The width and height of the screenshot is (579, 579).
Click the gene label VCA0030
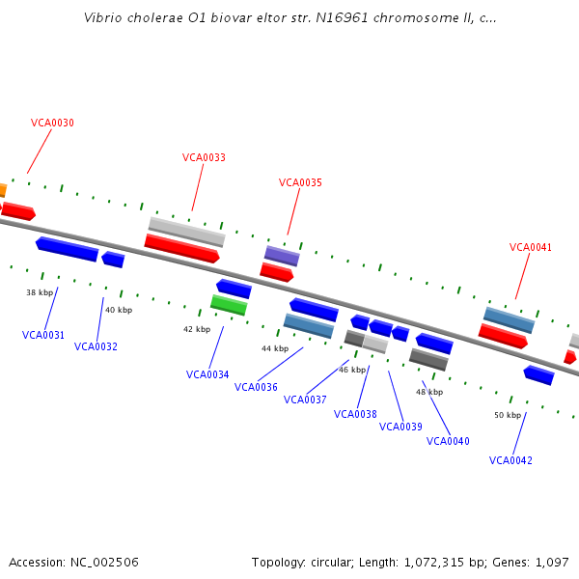point(52,124)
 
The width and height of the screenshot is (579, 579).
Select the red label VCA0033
point(204,158)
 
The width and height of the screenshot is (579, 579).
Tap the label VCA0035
point(300,183)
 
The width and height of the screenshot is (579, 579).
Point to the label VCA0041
point(531,248)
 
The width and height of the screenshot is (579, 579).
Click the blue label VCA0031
point(43,336)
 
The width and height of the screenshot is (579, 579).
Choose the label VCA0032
point(96,347)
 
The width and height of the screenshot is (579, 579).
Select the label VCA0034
point(207,375)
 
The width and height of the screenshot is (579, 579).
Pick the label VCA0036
point(256,388)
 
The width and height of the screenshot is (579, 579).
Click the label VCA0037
point(305,400)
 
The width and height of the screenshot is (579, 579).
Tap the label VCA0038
point(355,415)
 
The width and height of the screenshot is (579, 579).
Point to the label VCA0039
point(400,427)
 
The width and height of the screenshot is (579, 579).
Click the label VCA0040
point(448,442)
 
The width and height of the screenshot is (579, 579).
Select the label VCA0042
point(510,461)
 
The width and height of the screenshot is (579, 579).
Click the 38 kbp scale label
point(40,292)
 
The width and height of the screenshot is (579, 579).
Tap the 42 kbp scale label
point(197,330)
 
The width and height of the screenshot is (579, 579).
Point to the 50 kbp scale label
point(508,416)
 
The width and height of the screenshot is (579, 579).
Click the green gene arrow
point(229,305)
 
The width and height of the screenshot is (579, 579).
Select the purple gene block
point(282,256)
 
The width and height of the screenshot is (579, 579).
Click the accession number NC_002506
point(103,563)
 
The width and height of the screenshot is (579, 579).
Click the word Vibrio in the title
point(102,17)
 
